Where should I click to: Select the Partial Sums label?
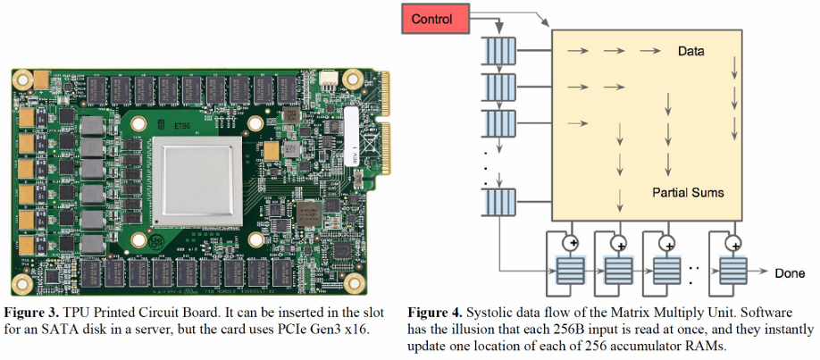[688, 193]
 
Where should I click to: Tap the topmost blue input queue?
[495, 51]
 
